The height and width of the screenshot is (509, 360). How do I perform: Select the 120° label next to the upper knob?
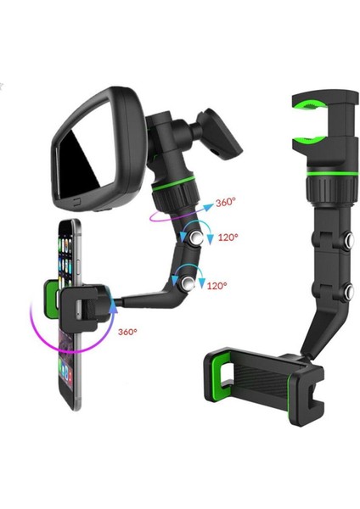point(228,238)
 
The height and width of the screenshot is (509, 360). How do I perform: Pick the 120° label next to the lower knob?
point(217,287)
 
